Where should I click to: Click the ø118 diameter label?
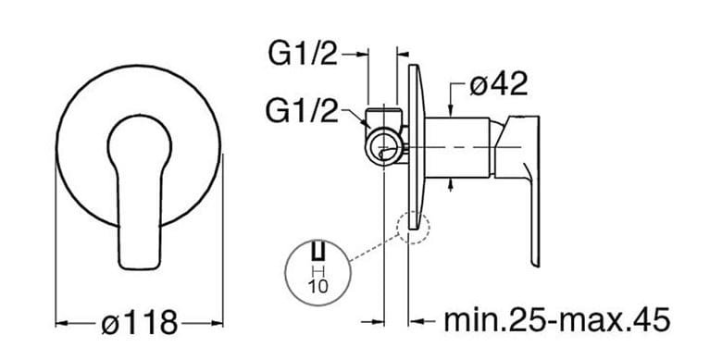pyautogui.click(x=139, y=322)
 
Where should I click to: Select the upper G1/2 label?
pyautogui.click(x=304, y=55)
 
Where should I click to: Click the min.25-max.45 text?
pyautogui.click(x=556, y=320)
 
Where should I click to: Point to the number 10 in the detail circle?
pyautogui.click(x=317, y=286)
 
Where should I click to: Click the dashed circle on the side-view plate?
pyautogui.click(x=413, y=228)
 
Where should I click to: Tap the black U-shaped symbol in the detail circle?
pyautogui.click(x=318, y=251)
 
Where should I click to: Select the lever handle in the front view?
pyautogui.click(x=139, y=192)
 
